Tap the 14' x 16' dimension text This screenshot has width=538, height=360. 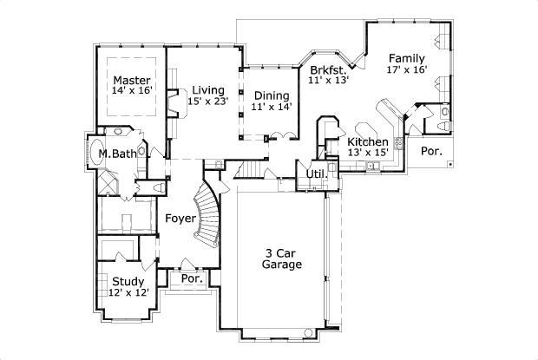pyautogui.click(x=131, y=90)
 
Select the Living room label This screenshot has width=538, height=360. pyautogui.click(x=209, y=89)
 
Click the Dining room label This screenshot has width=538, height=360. pyautogui.click(x=272, y=95)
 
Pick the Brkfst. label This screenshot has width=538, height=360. pyautogui.click(x=328, y=69)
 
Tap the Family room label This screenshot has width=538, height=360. pyautogui.click(x=407, y=58)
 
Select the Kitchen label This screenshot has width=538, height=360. pyautogui.click(x=368, y=141)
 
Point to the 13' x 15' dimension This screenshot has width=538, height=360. pyautogui.click(x=368, y=153)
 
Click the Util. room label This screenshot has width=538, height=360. pyautogui.click(x=317, y=174)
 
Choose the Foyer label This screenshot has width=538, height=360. pyautogui.click(x=180, y=219)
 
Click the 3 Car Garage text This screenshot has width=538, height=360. pyautogui.click(x=283, y=259)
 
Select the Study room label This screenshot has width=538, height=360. pyautogui.click(x=128, y=281)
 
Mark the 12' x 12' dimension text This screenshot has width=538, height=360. pyautogui.click(x=128, y=292)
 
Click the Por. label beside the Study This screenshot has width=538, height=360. pyautogui.click(x=191, y=279)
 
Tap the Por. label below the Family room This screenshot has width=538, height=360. pyautogui.click(x=430, y=151)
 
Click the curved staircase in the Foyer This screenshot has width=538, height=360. pyautogui.click(x=208, y=217)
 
